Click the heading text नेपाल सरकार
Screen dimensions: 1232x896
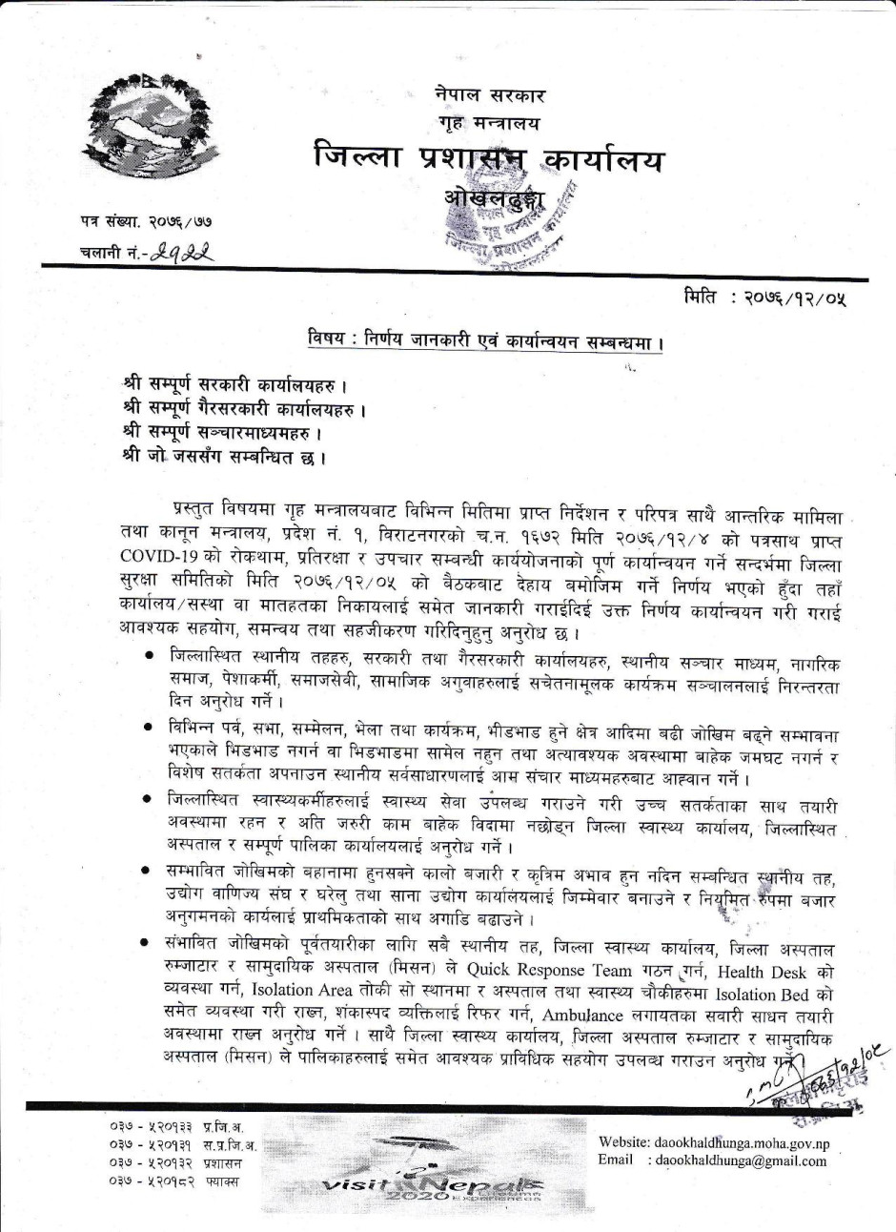pyautogui.click(x=490, y=95)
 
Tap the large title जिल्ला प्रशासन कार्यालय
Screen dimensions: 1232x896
pyautogui.click(x=487, y=159)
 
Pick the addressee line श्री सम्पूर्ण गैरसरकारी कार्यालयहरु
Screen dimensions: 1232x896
pyautogui.click(x=245, y=409)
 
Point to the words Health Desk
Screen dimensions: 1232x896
pyautogui.click(x=762, y=971)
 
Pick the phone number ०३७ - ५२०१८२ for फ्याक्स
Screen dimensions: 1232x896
pyautogui.click(x=153, y=1181)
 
